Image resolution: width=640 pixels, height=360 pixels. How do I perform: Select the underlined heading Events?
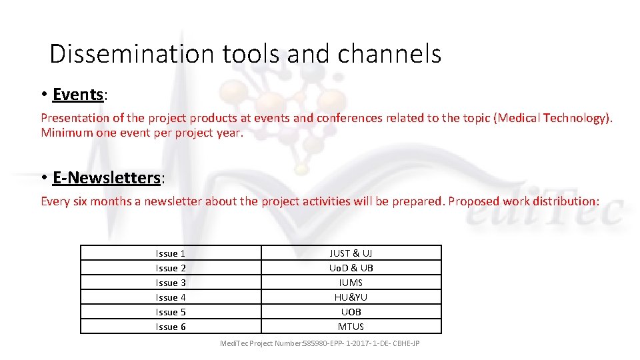(x=77, y=95)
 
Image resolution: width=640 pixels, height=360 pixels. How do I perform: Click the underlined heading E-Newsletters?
(x=107, y=178)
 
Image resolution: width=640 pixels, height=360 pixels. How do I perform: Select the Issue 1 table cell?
(x=171, y=253)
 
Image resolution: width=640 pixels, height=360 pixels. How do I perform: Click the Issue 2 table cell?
(x=171, y=268)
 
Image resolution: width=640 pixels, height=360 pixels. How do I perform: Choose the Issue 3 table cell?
(x=171, y=283)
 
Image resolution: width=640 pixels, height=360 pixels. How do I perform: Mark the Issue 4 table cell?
(x=171, y=297)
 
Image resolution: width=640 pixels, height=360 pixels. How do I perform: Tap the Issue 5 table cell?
(x=171, y=312)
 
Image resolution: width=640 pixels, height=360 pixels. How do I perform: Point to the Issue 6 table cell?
(x=171, y=327)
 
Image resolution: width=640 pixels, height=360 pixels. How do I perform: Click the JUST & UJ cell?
(x=351, y=253)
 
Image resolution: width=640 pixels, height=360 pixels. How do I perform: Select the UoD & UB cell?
(x=351, y=268)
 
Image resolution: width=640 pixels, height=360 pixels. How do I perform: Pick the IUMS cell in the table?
(x=351, y=283)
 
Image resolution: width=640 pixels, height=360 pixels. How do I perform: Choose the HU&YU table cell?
(x=351, y=297)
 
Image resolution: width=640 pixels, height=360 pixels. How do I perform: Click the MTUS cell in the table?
(x=351, y=327)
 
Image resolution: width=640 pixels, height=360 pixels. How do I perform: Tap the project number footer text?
(x=320, y=343)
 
